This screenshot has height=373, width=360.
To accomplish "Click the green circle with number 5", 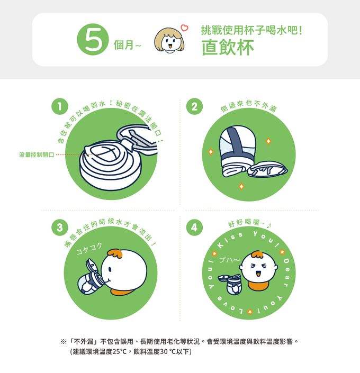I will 93,40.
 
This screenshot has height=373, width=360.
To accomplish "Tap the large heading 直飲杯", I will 228,47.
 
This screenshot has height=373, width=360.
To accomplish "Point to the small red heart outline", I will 184,27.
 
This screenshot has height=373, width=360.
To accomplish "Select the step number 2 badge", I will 195,106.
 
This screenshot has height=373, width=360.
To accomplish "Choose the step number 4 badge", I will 195,228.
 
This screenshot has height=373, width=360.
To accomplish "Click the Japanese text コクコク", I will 89,247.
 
